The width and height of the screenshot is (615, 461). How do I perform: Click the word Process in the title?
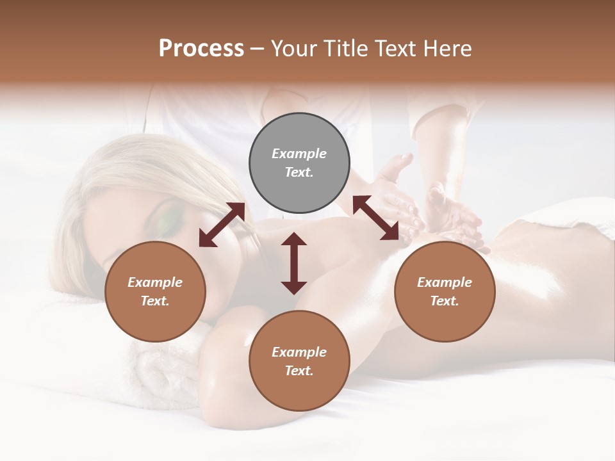pyautogui.click(x=201, y=49)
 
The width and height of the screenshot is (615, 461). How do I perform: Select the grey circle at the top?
pyautogui.click(x=299, y=163)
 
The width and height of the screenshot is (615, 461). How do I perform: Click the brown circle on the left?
pyautogui.click(x=155, y=291)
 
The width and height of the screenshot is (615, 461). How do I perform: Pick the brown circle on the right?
pyautogui.click(x=444, y=291)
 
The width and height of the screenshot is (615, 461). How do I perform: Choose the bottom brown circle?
pyautogui.click(x=299, y=361)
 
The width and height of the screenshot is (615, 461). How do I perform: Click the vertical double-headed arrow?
pyautogui.click(x=294, y=263)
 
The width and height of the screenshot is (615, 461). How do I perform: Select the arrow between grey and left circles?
pyautogui.click(x=222, y=225)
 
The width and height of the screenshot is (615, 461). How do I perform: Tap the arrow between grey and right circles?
pyautogui.click(x=376, y=218)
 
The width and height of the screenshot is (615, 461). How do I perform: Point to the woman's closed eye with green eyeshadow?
pyautogui.click(x=168, y=222)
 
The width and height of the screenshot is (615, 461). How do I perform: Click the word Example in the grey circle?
pyautogui.click(x=299, y=154)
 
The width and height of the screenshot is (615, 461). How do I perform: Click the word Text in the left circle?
pyautogui.click(x=154, y=301)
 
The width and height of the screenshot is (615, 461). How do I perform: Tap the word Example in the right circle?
pyautogui.click(x=444, y=282)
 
